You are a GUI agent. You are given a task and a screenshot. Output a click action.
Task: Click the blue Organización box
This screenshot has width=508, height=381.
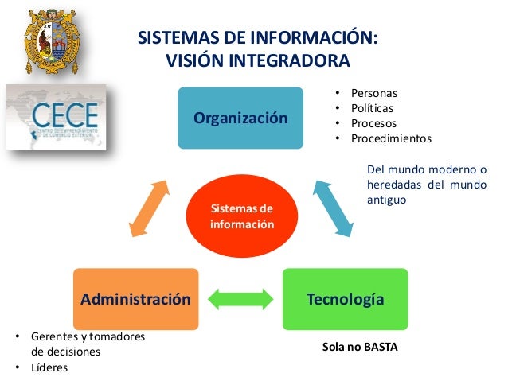coord(240,119)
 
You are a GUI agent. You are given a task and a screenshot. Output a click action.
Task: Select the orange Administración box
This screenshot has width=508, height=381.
coord(135,299)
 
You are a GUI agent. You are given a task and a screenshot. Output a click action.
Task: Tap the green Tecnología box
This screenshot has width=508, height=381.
coord(345,299)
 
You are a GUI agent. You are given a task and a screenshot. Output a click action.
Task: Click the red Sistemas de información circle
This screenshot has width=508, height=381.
coord(241,216)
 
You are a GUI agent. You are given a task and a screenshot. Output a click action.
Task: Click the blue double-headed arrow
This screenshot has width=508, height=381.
coord(333,207)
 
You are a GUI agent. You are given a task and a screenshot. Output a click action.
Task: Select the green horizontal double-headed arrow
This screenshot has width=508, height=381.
coord(240,300)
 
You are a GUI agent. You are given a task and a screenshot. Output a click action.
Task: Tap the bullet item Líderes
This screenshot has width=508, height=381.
coord(49,367)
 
